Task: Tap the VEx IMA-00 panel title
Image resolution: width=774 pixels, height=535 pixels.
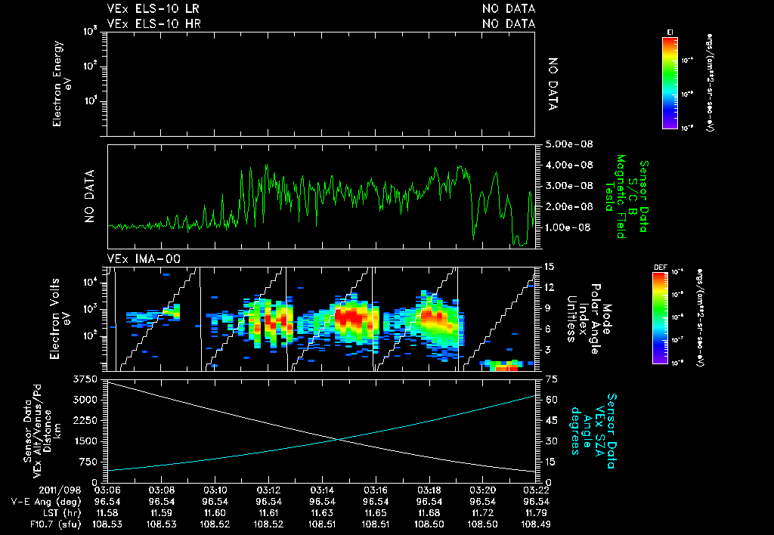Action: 142,258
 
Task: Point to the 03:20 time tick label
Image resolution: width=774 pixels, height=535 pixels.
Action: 483,490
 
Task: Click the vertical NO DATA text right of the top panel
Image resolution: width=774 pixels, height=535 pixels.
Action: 553,83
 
